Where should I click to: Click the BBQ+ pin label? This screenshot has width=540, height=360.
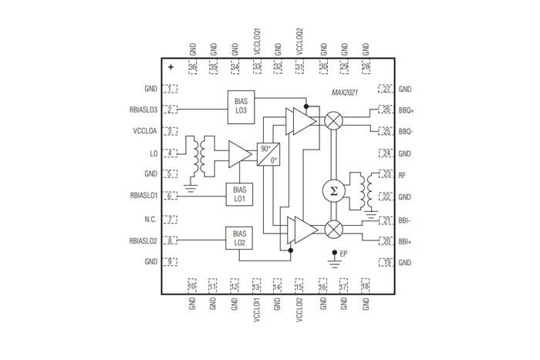click(407, 110)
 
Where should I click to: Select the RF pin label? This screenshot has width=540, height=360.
click(403, 175)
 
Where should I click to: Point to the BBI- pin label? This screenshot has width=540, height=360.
click(405, 220)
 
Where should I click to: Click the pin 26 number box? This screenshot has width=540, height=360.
click(385, 109)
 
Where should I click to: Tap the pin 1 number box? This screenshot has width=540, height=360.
click(170, 89)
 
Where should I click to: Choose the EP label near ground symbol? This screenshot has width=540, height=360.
click(344, 254)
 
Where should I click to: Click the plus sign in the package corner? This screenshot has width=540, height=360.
click(170, 68)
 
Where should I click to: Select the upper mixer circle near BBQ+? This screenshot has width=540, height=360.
click(333, 120)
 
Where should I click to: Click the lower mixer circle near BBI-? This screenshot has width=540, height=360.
click(333, 229)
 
